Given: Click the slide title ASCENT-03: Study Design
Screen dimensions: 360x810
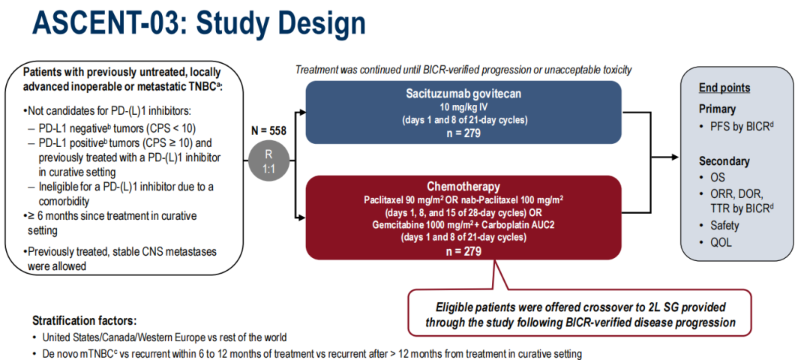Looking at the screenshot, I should tap(198, 24).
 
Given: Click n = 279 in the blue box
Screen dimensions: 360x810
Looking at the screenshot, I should tap(463, 133).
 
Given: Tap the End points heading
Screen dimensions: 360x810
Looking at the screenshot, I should tap(724, 88).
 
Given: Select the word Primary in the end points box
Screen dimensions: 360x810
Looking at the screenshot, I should tap(717, 109).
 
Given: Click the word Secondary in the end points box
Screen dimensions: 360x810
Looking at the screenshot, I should tap(724, 161).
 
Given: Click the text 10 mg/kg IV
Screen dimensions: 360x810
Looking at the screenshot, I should tap(463, 108).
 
